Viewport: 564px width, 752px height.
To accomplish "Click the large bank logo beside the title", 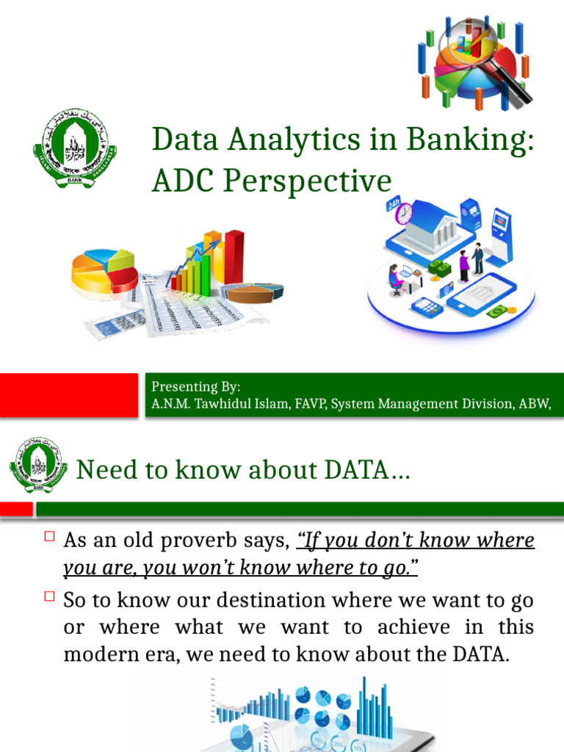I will pos(75,148).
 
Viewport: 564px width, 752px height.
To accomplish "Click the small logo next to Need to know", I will pos(36,466).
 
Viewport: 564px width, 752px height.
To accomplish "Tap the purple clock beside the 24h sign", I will pos(404,214).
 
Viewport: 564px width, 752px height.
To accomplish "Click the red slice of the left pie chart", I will pos(121,279).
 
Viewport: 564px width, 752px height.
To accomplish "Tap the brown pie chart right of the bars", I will pos(254,292).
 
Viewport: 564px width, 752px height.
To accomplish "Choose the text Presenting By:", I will pos(195,387).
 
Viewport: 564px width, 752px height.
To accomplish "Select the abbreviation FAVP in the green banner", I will pos(308,403).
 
